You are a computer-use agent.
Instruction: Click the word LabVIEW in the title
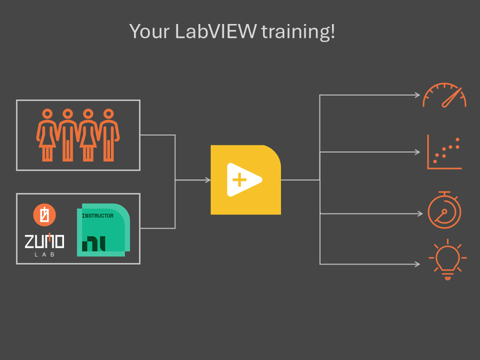click(x=215, y=31)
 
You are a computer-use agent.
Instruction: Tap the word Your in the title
click(x=149, y=31)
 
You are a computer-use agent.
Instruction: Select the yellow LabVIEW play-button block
click(x=246, y=179)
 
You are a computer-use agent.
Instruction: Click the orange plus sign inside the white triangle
click(x=239, y=179)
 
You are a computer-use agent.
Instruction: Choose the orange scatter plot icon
click(x=444, y=152)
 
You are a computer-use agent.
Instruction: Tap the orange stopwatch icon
click(x=444, y=210)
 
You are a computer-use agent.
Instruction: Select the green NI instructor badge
click(x=103, y=230)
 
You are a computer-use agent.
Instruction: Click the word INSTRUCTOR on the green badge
click(x=97, y=216)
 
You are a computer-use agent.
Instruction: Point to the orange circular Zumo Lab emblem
click(x=44, y=214)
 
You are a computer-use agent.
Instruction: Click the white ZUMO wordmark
click(x=44, y=241)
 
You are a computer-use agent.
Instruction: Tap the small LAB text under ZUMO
click(x=44, y=254)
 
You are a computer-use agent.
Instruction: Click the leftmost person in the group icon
click(x=47, y=135)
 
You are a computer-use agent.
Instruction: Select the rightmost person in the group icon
click(x=108, y=135)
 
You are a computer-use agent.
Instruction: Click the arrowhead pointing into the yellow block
click(x=208, y=180)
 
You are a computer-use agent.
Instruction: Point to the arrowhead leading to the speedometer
click(x=417, y=95)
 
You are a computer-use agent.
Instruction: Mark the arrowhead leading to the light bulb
click(x=417, y=264)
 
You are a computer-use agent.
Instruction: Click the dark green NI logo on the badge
click(x=93, y=243)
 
